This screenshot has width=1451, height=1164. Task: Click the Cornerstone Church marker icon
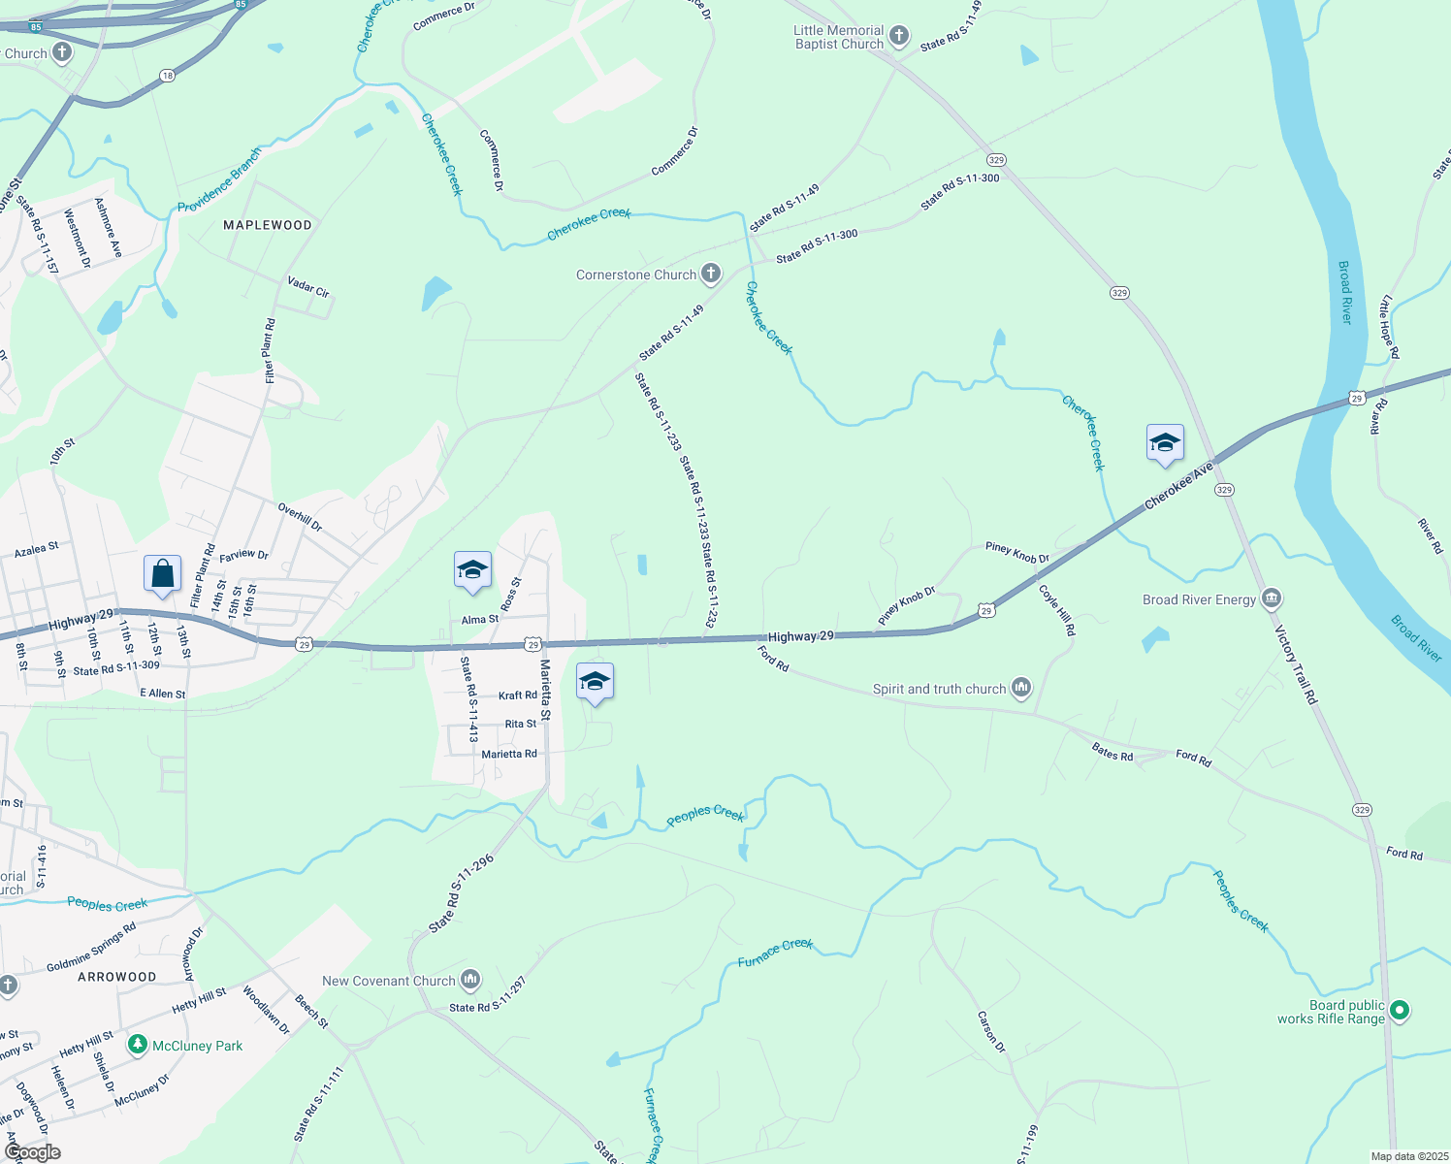coord(711,274)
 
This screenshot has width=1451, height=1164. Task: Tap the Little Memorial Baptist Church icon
coord(899,37)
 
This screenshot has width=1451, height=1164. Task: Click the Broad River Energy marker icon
coord(1272,598)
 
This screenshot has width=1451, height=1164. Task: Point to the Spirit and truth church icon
coord(1020,689)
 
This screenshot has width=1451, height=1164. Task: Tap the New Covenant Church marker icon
coord(470,980)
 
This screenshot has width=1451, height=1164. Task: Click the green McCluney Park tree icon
coord(138,1045)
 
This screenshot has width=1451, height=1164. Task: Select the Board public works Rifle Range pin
coord(1399,1011)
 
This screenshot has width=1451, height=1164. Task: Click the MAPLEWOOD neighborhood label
coord(268,225)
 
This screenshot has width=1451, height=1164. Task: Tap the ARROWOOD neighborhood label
coord(116,977)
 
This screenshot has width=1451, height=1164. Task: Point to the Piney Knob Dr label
coord(1017,553)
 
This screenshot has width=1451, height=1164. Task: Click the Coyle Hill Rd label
coord(1057,610)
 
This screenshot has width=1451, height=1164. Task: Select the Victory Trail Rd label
coord(1296,665)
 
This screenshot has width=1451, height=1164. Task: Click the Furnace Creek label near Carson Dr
coord(775,953)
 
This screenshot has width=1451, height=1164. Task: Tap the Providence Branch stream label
coord(219,181)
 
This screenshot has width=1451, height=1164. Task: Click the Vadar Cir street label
coord(308,287)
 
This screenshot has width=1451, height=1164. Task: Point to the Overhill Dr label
coord(300,516)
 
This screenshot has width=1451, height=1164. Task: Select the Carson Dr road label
coord(992,1032)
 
